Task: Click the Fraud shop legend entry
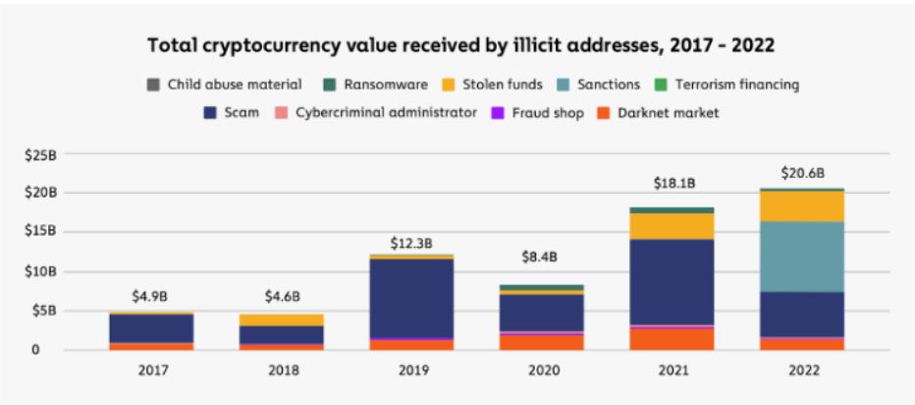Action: tap(542, 113)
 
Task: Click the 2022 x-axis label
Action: tap(801, 373)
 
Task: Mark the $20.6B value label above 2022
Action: tap(801, 173)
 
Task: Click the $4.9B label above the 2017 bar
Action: tap(150, 296)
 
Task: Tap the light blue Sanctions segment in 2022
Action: tap(801, 257)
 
